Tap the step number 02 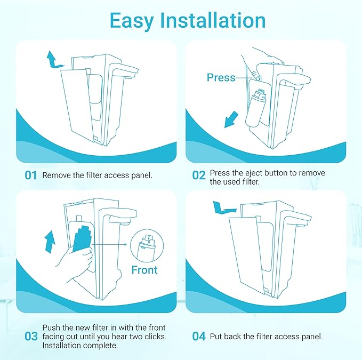tap(199, 175)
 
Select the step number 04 tap(199, 337)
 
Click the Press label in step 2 tap(221, 78)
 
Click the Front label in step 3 tap(144, 270)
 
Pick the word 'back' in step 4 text tap(235, 337)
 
